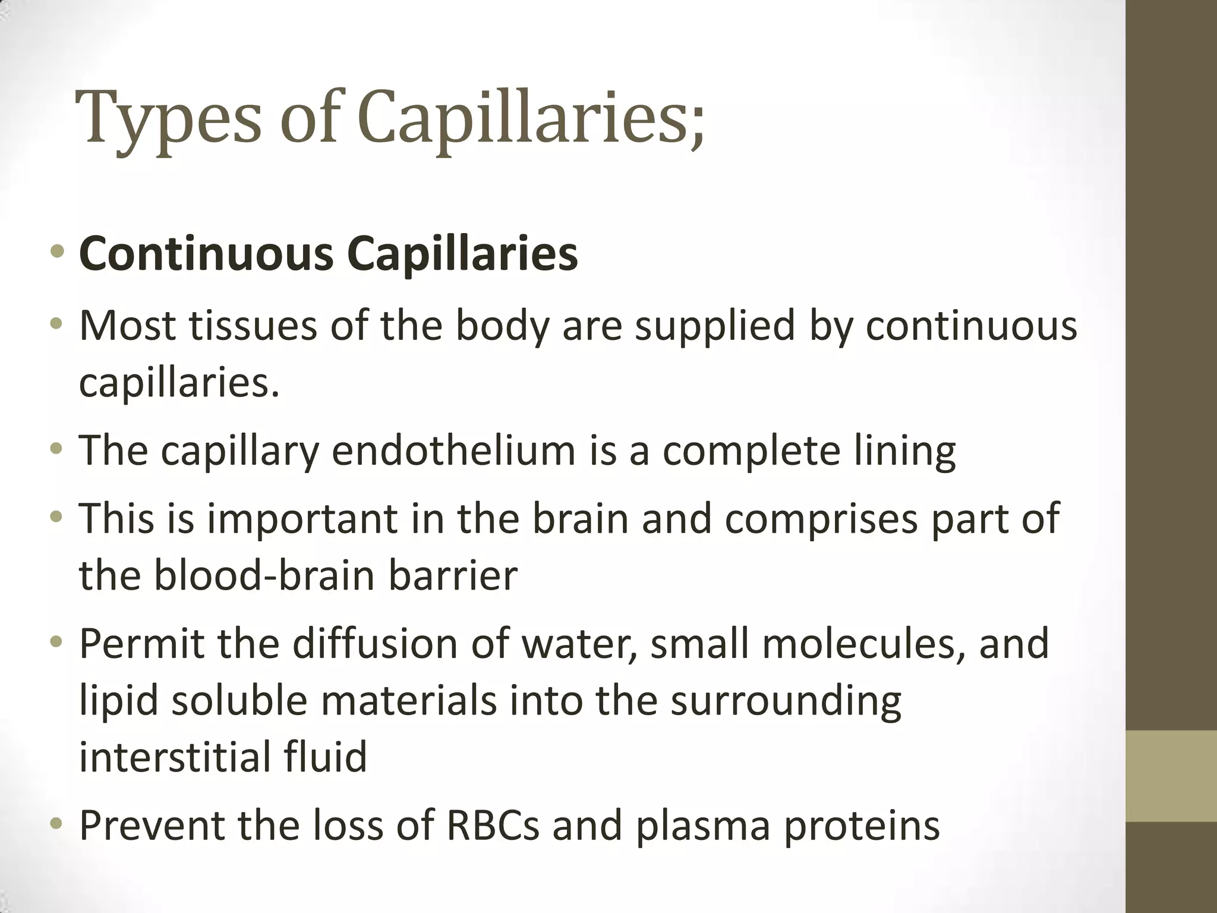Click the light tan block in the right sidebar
[x=1171, y=776]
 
